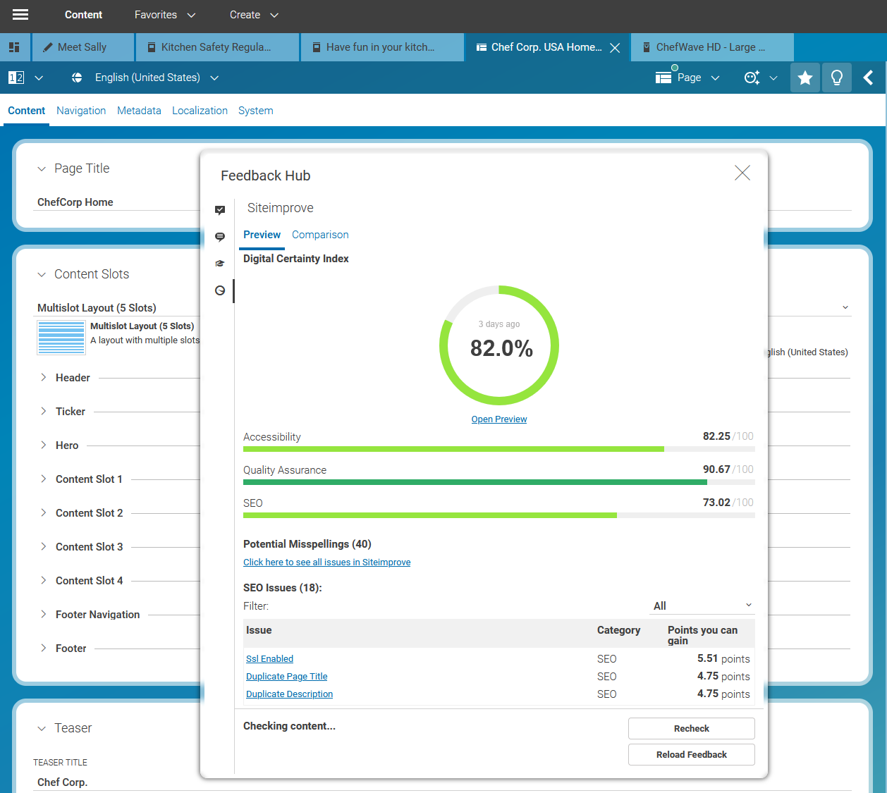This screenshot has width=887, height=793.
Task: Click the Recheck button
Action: [x=691, y=728]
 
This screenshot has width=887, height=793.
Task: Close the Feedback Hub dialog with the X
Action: [x=742, y=173]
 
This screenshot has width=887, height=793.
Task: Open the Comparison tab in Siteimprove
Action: [x=320, y=235]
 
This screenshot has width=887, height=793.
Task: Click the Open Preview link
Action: [x=498, y=419]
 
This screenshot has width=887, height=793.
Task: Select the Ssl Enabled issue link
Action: [x=269, y=659]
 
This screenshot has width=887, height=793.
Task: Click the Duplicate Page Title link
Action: [x=286, y=677]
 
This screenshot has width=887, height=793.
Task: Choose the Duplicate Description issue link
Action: [x=289, y=694]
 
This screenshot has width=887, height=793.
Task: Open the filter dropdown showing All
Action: [x=702, y=606]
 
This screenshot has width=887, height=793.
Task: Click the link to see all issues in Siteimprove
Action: [x=326, y=563]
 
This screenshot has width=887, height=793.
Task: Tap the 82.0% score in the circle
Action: [x=501, y=348]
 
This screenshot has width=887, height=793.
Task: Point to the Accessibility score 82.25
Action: [x=716, y=436]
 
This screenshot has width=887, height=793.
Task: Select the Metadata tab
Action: [x=139, y=111]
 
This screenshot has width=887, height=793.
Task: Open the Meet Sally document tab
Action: [x=81, y=47]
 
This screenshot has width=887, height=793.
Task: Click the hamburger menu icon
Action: [x=20, y=15]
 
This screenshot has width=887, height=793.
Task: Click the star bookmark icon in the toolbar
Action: [x=805, y=78]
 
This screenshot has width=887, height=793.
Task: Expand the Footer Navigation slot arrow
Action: [x=43, y=615]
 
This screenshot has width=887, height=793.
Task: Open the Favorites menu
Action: [x=165, y=15]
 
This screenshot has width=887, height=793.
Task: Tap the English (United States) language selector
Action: [x=147, y=78]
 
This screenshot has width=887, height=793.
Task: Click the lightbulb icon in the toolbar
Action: [x=836, y=78]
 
